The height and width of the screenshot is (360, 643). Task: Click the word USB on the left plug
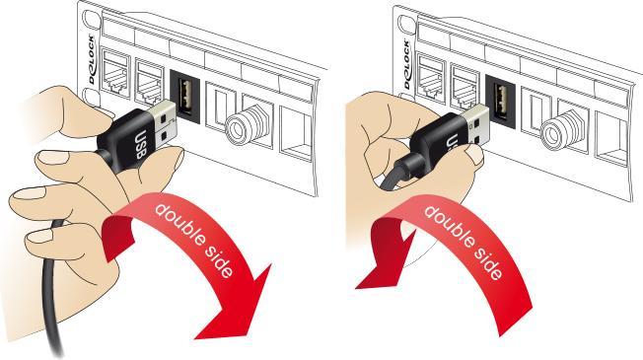140,144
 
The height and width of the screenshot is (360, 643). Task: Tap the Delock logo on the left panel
91,60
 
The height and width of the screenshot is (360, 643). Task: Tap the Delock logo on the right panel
406,64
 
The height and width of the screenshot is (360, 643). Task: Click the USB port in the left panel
184,96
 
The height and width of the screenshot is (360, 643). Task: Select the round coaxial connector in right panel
556,130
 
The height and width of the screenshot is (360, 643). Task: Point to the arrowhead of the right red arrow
381,262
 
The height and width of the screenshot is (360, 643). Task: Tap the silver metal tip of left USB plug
165,123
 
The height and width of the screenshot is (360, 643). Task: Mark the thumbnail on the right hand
474,155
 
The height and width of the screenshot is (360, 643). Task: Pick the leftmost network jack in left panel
116,78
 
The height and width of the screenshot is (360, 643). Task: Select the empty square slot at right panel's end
611,140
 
